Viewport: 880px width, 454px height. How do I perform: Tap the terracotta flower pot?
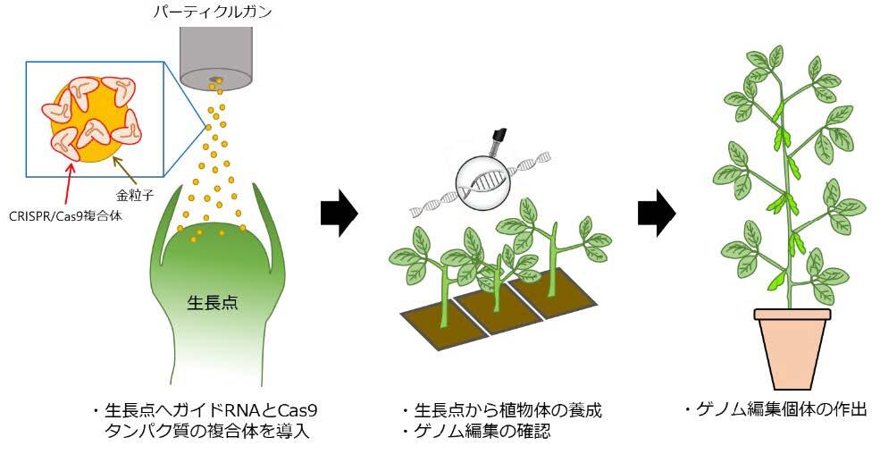coord(792,342)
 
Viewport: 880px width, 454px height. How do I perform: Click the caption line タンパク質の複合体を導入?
coord(210,433)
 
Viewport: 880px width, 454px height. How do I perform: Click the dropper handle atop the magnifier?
coord(499,139)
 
